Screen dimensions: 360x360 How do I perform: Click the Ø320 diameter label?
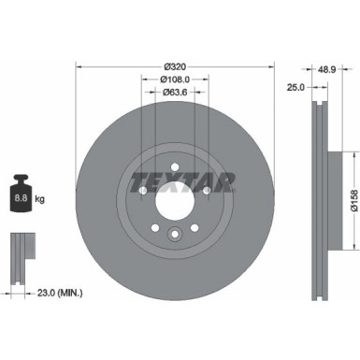point(175,65)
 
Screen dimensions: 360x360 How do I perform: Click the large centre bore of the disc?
point(175,199)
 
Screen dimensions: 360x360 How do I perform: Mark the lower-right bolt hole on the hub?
point(195,227)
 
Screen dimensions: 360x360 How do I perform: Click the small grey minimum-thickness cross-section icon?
point(21,247)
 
